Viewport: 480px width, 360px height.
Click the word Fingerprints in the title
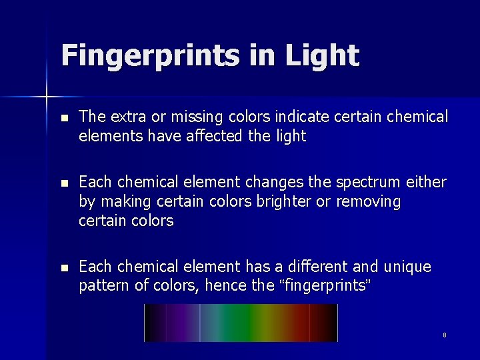148,55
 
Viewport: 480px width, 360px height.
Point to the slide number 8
445,335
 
